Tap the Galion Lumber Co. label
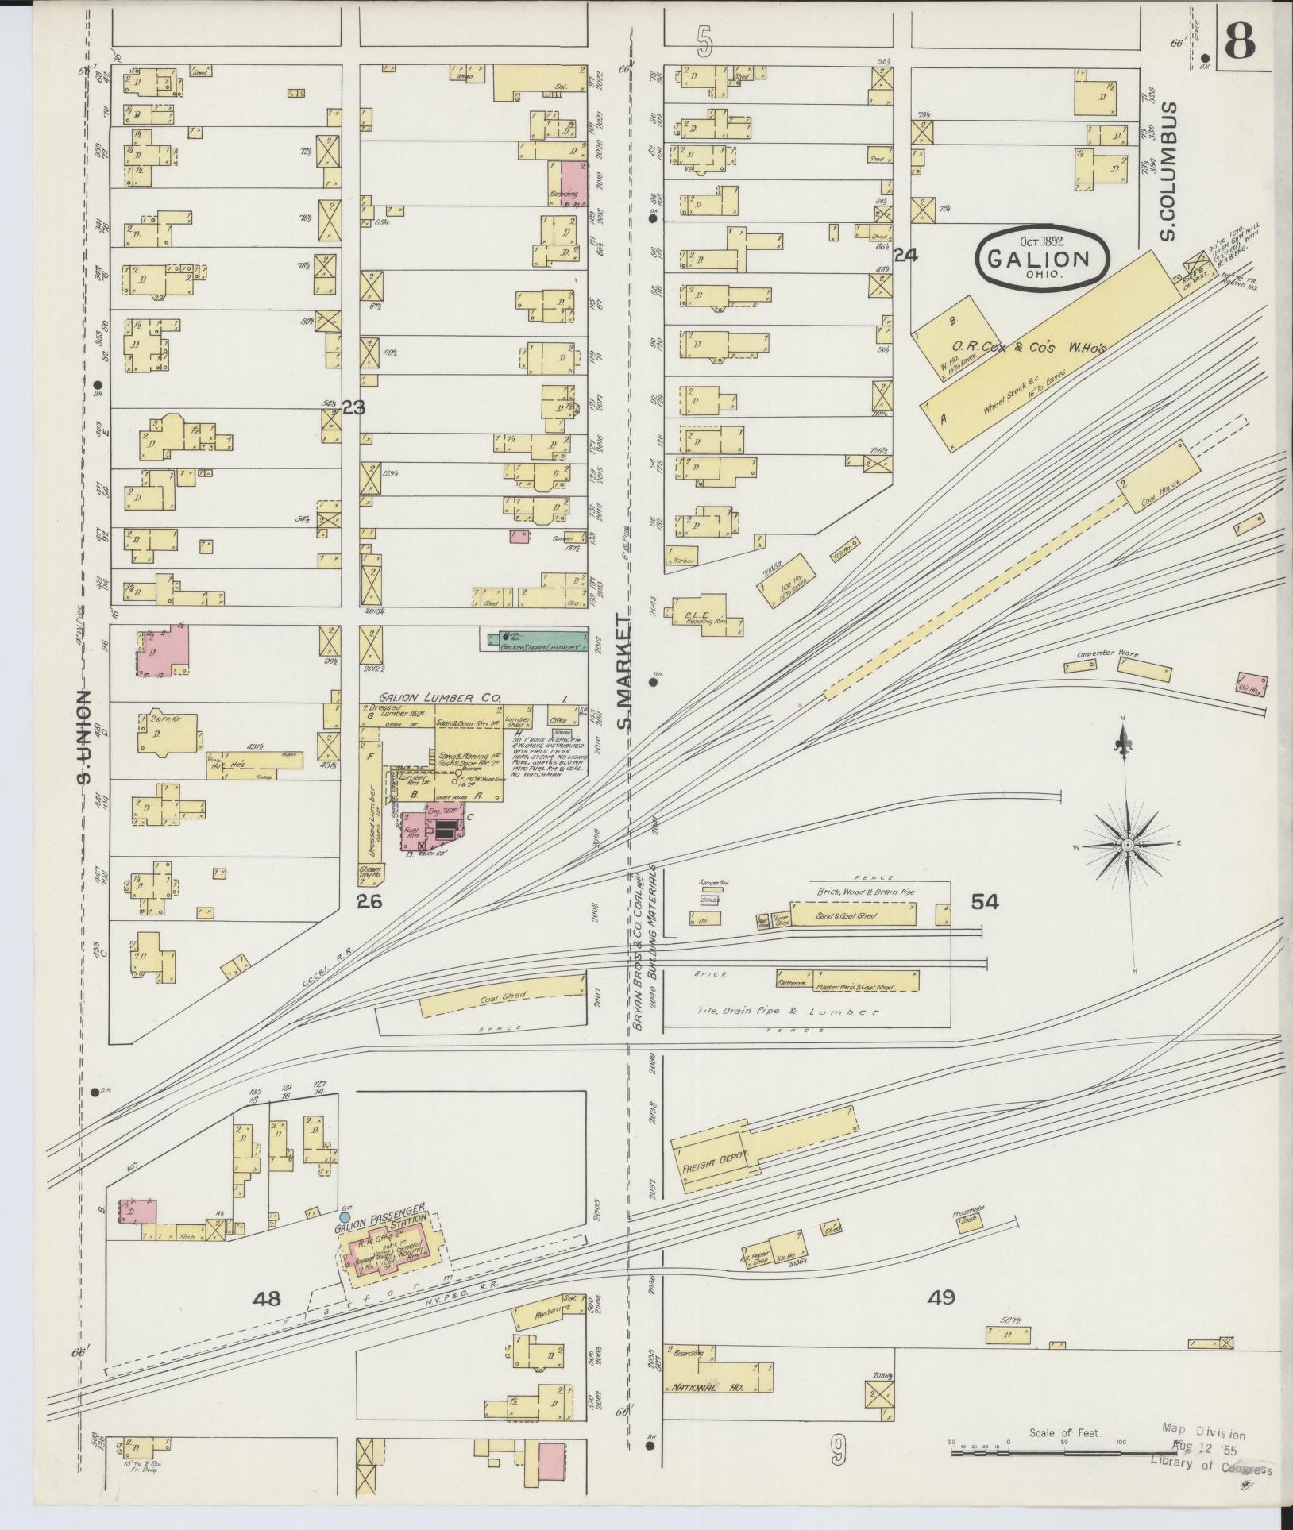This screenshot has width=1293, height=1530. pyautogui.click(x=433, y=697)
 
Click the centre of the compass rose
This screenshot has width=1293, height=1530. pyautogui.click(x=1126, y=846)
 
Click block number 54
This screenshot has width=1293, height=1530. pyautogui.click(x=983, y=901)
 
